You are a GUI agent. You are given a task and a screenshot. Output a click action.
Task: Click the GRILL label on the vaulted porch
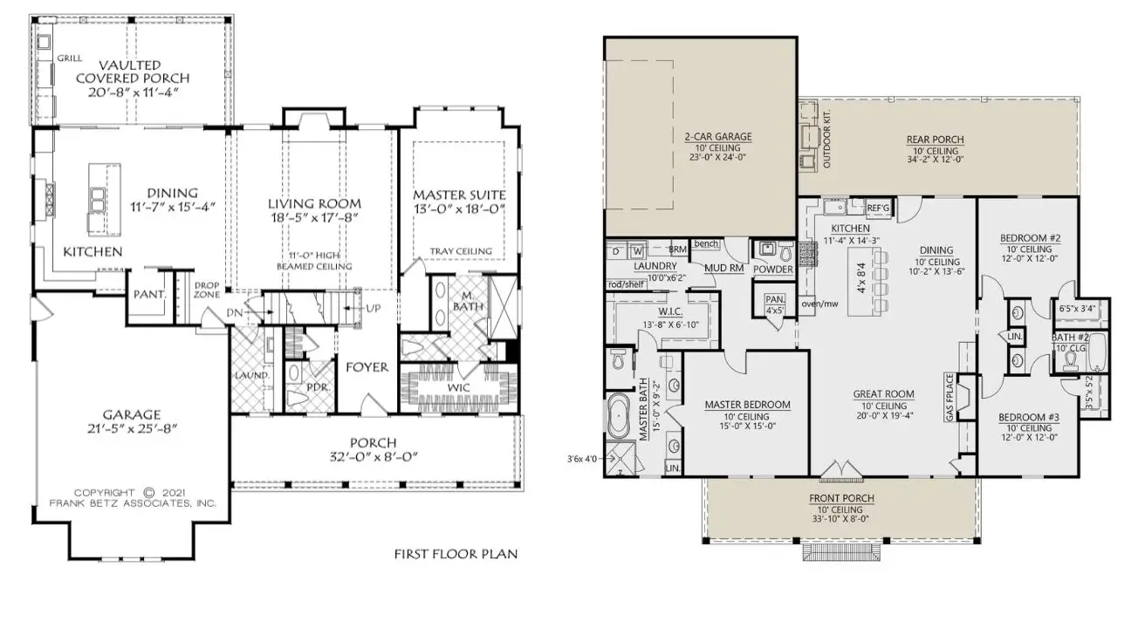pos(70,58)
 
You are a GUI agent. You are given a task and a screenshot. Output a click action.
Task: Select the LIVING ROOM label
pos(314,203)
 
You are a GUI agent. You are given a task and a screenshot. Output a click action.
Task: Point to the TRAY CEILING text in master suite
pos(460,251)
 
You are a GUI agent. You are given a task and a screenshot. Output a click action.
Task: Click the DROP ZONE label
pos(207,290)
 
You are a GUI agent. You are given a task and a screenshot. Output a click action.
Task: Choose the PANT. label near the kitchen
pos(149,295)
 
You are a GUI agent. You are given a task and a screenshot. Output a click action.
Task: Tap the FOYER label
pos(367,367)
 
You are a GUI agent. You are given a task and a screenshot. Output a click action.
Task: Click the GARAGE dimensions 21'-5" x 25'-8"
pos(131,429)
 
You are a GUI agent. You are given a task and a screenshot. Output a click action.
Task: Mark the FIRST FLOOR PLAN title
pos(456,554)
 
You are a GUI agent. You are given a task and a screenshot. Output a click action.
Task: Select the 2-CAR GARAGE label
pos(718,137)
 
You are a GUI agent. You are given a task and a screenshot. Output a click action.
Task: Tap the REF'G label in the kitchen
pos(877,208)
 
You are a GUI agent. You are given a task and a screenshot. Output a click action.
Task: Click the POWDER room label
pos(774,270)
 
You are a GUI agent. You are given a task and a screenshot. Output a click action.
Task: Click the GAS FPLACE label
pos(950,398)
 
